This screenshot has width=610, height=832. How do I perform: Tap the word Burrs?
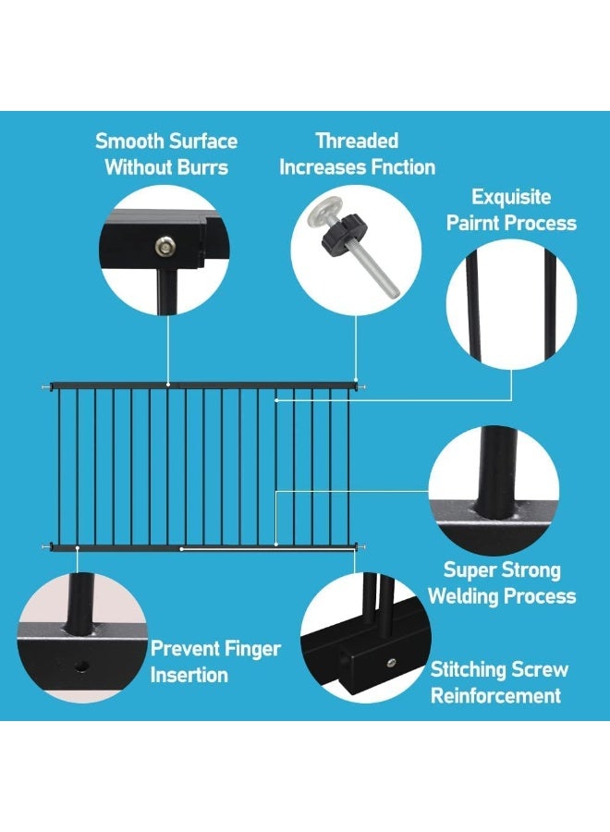202,167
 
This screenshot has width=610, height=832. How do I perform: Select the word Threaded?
357,141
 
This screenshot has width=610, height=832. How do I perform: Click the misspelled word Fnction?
403,167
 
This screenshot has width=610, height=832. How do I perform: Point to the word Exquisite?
511,198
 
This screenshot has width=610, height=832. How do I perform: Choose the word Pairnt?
472,223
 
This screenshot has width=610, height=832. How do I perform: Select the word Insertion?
189,675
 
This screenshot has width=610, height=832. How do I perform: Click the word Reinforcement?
496,695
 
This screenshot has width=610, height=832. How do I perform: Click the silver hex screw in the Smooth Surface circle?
164,246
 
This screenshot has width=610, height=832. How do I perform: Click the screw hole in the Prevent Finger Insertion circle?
81,666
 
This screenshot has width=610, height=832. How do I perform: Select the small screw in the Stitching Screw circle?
391,662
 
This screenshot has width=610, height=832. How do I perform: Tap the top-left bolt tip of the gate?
45,387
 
